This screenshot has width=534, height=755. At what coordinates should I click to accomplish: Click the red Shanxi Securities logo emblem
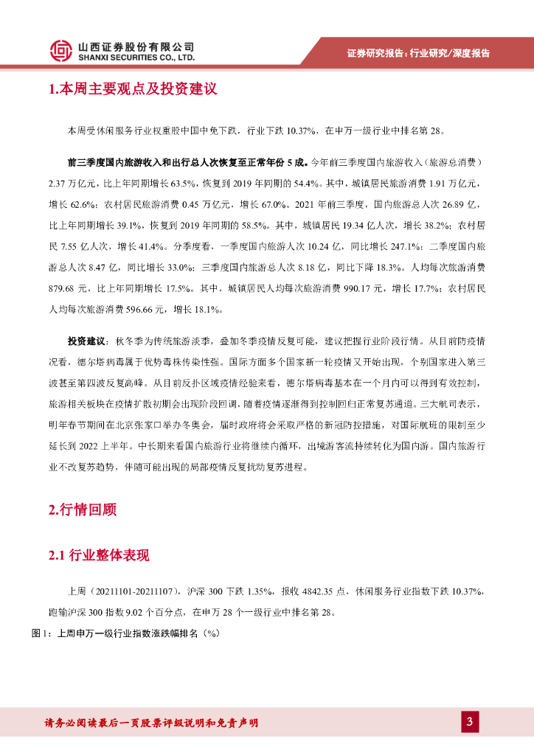(61, 50)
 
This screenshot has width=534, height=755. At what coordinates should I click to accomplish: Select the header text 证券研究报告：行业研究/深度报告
(418, 53)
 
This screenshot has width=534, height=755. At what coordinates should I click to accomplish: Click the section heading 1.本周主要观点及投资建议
(132, 89)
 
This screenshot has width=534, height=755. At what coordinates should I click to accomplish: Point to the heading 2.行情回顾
(83, 509)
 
